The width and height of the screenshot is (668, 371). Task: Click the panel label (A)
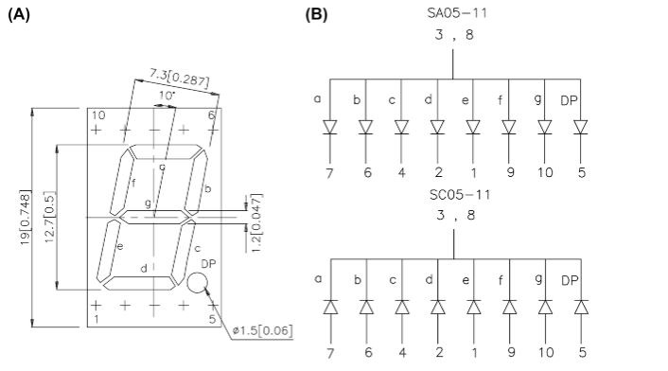point(19,15)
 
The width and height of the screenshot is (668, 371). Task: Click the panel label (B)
point(317,15)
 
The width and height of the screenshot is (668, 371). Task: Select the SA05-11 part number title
point(457,13)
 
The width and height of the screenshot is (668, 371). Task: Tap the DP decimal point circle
point(197,283)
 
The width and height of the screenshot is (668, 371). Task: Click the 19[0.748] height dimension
point(26,218)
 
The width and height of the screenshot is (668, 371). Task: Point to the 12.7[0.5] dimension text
point(50,218)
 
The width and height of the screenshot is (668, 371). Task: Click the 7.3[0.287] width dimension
point(180,78)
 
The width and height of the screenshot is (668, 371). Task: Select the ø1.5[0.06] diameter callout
point(262,330)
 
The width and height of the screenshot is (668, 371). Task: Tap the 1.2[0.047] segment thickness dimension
point(256,222)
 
